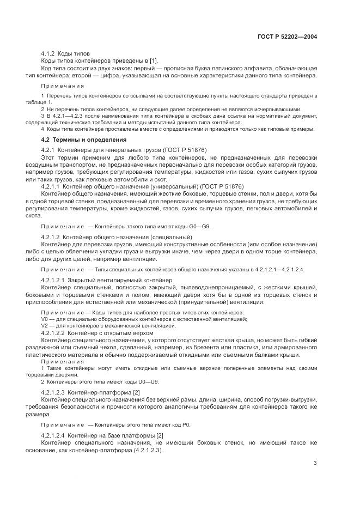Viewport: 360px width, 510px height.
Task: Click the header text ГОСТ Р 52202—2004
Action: [286, 37]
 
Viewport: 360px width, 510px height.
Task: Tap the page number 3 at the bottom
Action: [315, 463]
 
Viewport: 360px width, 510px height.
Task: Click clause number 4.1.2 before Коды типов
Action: [51, 53]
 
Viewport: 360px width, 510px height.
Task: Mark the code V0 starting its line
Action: [45, 319]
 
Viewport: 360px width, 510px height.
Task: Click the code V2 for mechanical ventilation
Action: [45, 325]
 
